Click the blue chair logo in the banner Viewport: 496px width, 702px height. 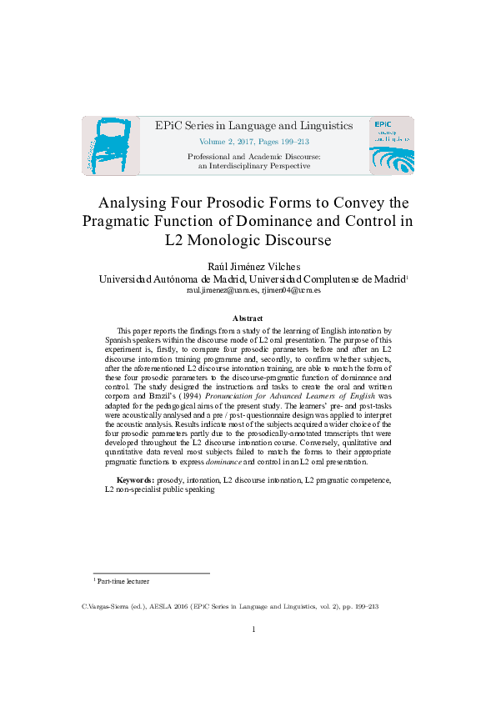click(106, 145)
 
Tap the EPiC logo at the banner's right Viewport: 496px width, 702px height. click(390, 145)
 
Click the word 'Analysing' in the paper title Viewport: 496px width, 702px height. click(137, 203)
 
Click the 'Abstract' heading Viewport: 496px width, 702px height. click(248, 318)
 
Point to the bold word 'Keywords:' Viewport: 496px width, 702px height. click(133, 480)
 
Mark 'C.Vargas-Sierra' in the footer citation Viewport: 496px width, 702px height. click(108, 607)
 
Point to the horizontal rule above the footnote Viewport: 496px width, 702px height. click(150, 573)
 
